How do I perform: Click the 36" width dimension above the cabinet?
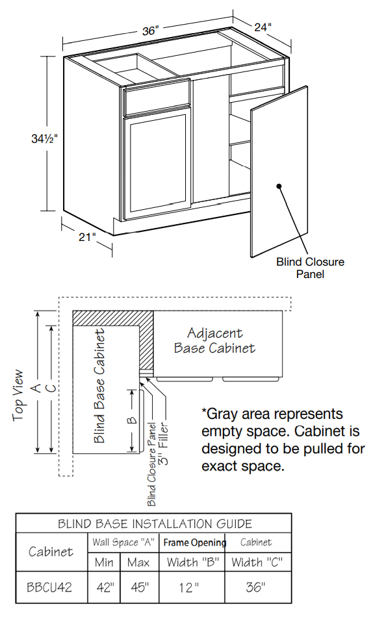pos(150,30)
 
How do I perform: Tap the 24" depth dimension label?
pos(263,27)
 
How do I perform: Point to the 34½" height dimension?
pos(45,138)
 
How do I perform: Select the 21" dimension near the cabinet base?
pos(87,237)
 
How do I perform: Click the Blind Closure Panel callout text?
pos(310,268)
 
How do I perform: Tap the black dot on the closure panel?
pos(279,186)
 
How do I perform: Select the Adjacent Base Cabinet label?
pos(214,340)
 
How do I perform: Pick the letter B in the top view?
pos(132,419)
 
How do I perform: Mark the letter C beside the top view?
pos(55,388)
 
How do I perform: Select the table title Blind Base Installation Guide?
pos(155,524)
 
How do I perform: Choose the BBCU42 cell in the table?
pos(49,587)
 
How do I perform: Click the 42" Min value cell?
pos(104,587)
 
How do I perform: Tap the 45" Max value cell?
pos(138,587)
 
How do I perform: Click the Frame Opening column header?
pos(194,542)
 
